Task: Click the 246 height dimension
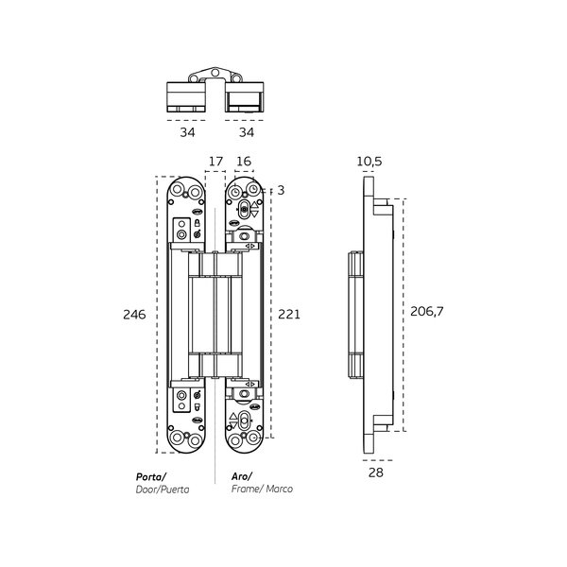point(134,315)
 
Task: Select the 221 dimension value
point(289,315)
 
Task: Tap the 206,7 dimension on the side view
point(427,311)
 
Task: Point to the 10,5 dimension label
point(369,162)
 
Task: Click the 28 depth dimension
point(376,472)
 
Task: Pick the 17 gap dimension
point(215,162)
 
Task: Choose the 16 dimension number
point(244,162)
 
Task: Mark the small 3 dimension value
point(281,190)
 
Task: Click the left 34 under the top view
point(187,132)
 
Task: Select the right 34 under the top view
point(247,132)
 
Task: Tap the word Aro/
point(242,476)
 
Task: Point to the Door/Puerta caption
point(163,490)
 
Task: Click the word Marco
point(279,489)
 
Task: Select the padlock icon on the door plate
point(198,223)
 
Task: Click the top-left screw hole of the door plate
point(178,190)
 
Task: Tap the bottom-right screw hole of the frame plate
point(253,438)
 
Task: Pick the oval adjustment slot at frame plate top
point(244,209)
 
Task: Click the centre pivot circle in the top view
point(215,73)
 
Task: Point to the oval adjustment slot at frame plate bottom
point(244,421)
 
